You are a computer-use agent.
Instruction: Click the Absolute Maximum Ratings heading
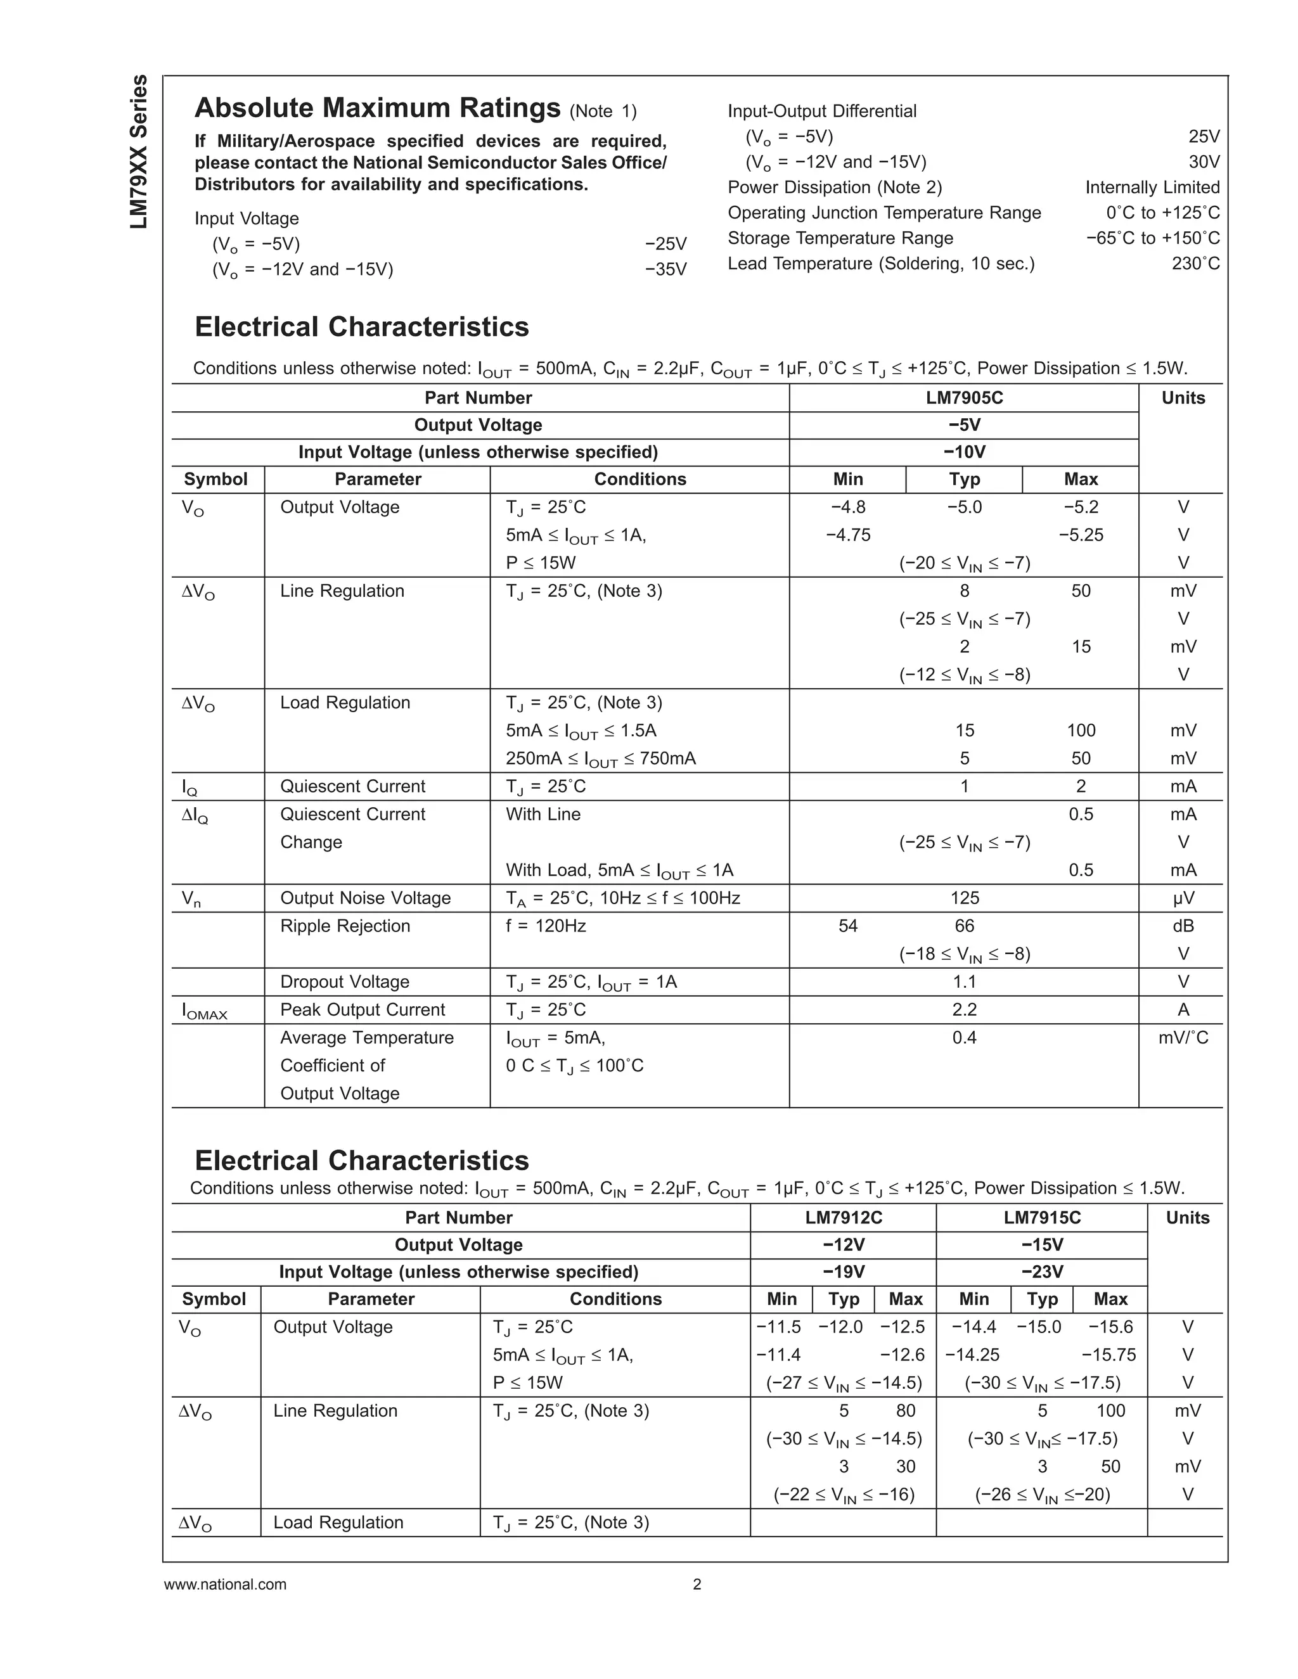coord(377,108)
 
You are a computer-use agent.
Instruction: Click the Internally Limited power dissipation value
coord(1152,188)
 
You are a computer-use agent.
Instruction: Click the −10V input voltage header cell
coord(963,452)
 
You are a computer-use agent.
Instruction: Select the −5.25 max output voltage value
coord(1081,535)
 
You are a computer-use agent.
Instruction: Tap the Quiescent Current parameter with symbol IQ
coord(352,786)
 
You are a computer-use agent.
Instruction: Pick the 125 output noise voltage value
coord(964,898)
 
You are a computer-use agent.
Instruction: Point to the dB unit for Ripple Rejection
coord(1183,926)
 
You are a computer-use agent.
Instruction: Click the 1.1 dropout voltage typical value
coord(964,981)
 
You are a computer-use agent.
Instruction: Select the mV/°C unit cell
coord(1183,1038)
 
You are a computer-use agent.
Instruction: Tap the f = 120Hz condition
coord(545,926)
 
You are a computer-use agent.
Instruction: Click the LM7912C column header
coord(844,1218)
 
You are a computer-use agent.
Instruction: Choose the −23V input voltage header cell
coord(1042,1272)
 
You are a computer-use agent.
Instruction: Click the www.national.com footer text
coord(224,1585)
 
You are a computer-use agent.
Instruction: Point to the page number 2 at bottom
coord(697,1585)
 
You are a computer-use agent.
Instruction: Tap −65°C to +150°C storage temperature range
coord(1152,238)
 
